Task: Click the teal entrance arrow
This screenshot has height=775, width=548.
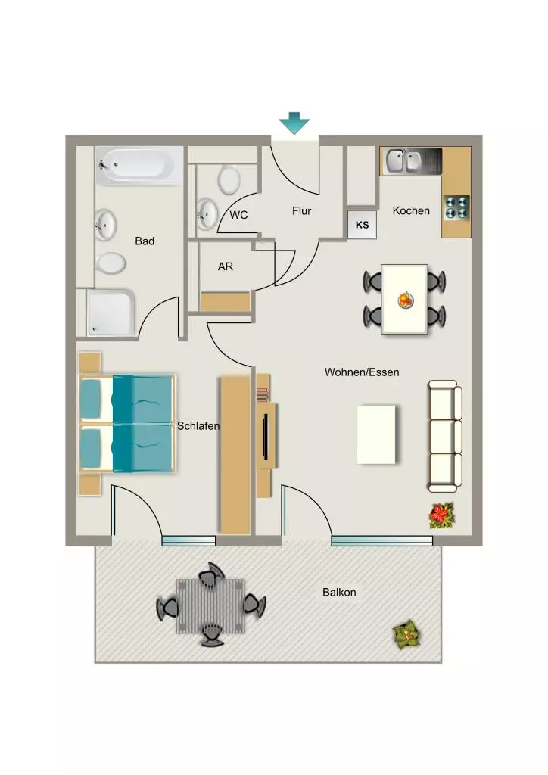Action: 294,123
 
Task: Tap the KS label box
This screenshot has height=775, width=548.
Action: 363,225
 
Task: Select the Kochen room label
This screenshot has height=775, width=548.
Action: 411,210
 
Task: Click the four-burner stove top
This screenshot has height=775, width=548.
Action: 456,207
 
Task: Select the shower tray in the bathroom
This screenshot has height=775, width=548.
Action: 111,313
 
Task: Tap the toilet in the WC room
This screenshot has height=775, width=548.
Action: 229,179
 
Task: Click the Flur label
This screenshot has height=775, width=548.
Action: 301,211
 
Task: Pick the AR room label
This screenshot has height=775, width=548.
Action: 226,266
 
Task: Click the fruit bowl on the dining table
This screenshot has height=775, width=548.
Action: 405,300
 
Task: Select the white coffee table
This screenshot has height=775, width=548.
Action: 376,435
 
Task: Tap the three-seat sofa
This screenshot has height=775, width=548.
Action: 445,436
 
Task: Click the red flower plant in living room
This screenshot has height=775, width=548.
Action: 442,515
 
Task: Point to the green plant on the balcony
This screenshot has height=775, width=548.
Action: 408,634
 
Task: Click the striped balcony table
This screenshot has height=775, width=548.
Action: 211,606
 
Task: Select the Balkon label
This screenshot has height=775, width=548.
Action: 339,592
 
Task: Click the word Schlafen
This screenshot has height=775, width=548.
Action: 198,425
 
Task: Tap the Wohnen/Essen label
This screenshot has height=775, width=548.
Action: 362,372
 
